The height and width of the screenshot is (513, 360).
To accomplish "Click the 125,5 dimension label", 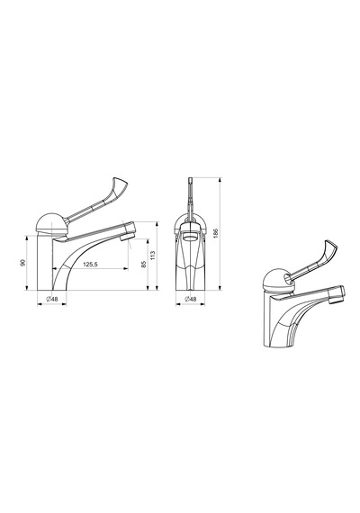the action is (90, 265).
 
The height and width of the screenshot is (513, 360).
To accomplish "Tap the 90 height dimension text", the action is (22, 263).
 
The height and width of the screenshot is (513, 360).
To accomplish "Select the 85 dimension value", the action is (143, 265).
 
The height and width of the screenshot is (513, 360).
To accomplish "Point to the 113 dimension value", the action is (152, 256).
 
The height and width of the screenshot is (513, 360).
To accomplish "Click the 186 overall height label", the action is (215, 233).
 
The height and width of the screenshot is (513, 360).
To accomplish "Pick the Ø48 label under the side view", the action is (52, 299).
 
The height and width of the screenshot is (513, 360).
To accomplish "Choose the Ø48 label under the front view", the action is (191, 299).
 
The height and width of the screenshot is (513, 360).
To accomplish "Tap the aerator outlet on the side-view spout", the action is (128, 236).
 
